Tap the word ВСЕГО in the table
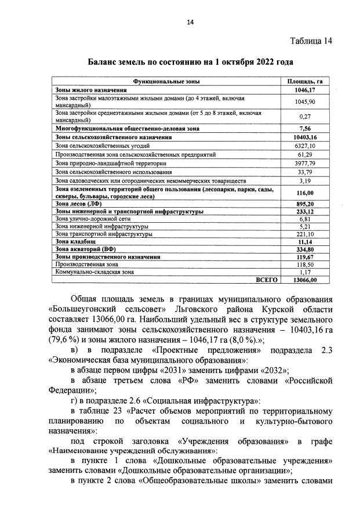tap(266, 279)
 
